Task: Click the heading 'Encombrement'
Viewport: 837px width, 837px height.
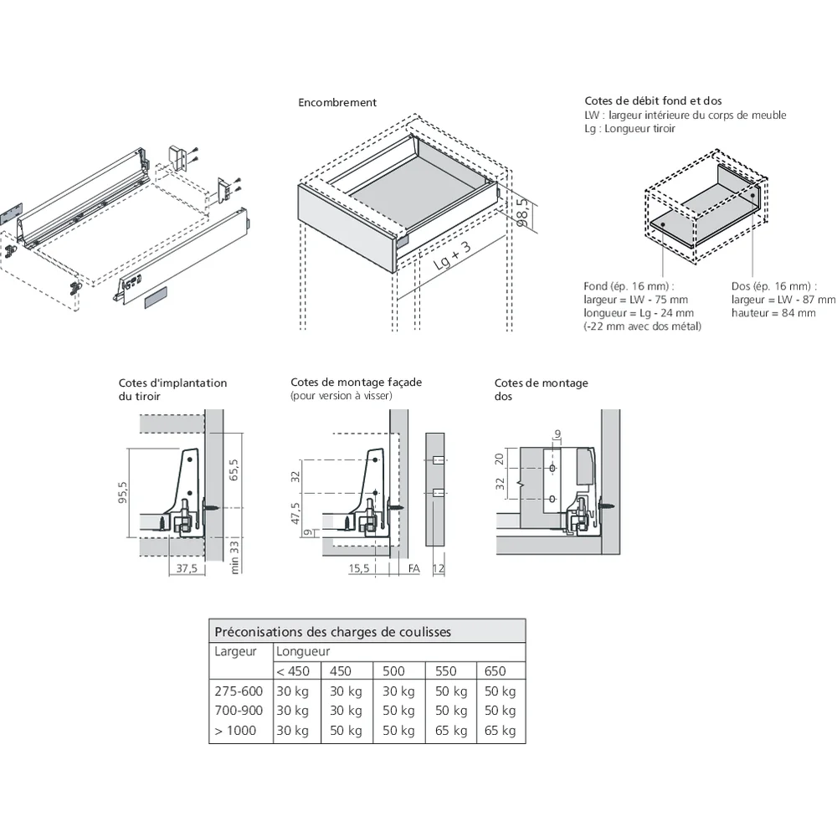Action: [337, 103]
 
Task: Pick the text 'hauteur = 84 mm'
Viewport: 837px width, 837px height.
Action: [773, 313]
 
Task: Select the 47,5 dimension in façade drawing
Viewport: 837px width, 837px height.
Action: [295, 511]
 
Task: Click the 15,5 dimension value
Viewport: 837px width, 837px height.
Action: [359, 568]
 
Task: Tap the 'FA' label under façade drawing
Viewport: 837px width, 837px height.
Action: [413, 568]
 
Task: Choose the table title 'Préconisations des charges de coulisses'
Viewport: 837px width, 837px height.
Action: [332, 632]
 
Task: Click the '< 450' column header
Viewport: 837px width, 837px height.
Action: [293, 670]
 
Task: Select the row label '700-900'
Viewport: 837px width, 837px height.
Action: [238, 711]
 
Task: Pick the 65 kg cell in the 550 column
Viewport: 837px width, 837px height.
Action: [451, 731]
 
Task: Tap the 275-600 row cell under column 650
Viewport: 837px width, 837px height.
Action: [500, 691]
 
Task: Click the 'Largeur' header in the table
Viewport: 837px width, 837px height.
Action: [236, 651]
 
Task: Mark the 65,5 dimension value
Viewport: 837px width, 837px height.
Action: [234, 469]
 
